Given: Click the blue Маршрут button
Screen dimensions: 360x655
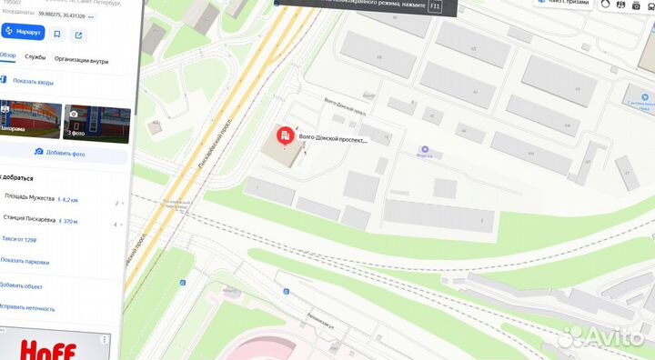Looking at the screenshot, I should [22, 34].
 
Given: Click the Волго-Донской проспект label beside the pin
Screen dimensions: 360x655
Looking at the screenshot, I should [333, 141].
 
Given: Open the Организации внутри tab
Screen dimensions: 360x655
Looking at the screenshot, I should [81, 61].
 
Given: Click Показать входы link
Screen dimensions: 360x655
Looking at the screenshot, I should [33, 80].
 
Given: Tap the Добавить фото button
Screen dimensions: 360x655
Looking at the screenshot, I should [64, 154].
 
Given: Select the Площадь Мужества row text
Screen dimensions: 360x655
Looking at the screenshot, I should [29, 198].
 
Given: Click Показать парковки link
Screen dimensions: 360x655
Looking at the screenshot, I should [25, 262].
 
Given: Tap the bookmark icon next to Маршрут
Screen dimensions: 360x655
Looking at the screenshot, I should [57, 35].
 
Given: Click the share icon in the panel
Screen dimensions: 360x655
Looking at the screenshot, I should [78, 35].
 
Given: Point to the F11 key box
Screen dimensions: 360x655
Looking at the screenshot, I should [434, 5].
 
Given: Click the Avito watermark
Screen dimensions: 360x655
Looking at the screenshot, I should [600, 336].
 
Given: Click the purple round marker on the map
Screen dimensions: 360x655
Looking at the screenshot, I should [424, 150].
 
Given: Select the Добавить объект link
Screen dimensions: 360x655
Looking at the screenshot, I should [22, 285].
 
